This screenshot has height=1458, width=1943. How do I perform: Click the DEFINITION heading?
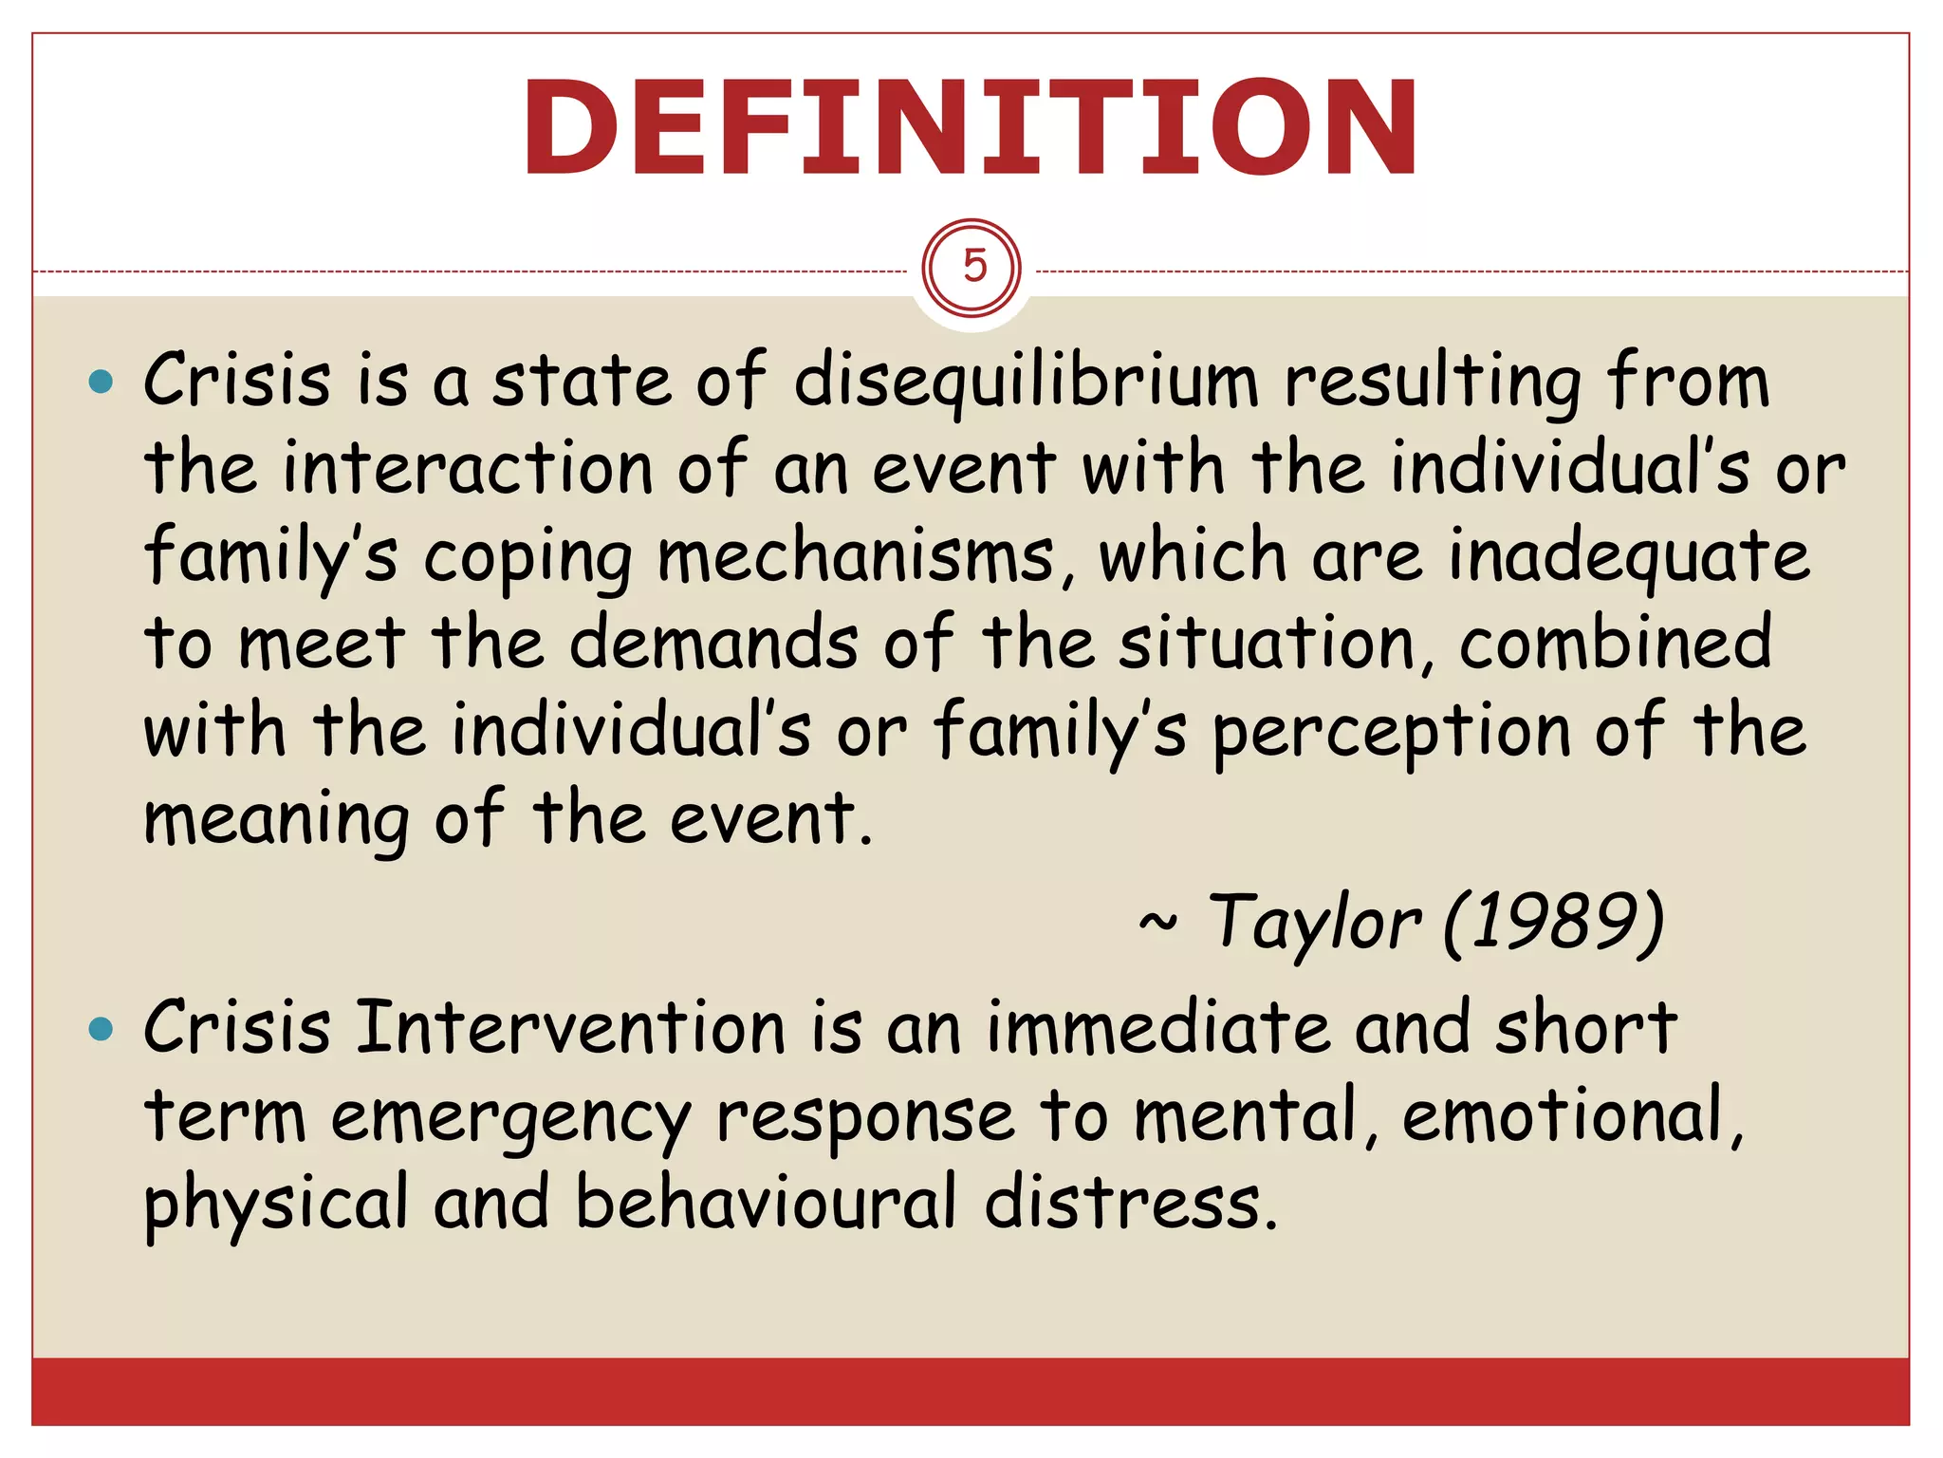pos(970,128)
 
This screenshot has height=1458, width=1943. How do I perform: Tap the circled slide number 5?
pos(971,268)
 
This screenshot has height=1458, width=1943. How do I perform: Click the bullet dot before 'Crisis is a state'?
pos(100,383)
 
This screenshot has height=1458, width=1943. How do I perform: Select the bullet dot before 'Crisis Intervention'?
pos(100,1029)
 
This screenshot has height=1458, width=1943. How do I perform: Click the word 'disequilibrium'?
pos(1026,382)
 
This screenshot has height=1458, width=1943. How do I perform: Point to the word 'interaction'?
pos(468,469)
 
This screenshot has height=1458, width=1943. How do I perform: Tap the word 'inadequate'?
pos(1628,557)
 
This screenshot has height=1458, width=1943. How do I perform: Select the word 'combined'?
pos(1615,643)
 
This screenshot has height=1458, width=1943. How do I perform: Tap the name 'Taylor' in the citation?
pos(1315,923)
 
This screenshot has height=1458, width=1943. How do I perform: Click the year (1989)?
pos(1553,923)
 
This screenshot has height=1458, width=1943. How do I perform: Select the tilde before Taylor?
pos(1157,921)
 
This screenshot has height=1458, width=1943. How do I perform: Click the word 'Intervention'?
pos(570,1028)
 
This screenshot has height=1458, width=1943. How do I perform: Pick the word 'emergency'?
pos(510,1118)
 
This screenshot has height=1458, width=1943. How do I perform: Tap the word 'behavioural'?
pos(766,1204)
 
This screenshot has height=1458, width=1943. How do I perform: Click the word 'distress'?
pos(1129,1204)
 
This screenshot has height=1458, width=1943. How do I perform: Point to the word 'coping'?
pos(527,559)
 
